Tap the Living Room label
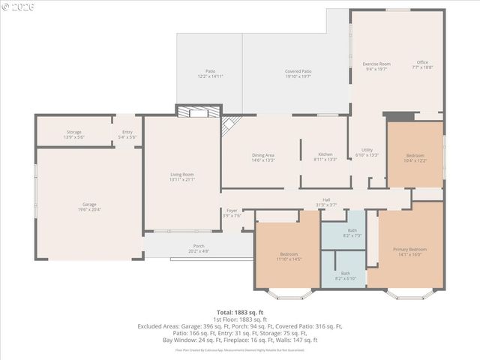182,176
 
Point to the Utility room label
367,151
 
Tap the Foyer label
232,212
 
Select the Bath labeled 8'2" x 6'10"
345,275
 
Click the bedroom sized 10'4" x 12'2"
415,158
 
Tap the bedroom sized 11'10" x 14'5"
289,256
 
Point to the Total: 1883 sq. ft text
240,312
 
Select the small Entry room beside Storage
127,134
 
